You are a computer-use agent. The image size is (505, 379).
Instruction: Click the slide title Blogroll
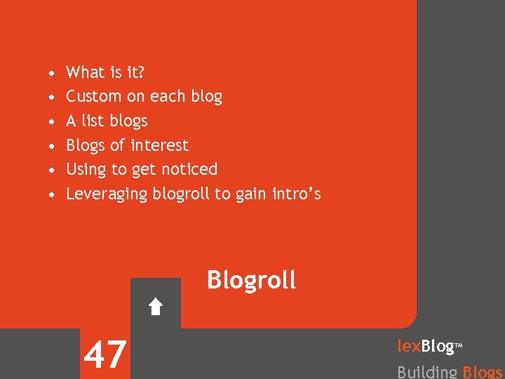[251, 280]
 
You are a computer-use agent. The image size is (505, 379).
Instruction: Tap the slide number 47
[105, 354]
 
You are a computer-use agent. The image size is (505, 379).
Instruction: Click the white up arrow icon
[156, 306]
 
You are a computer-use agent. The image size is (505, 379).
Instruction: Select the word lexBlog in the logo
[426, 346]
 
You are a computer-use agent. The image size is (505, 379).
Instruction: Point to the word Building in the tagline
[427, 372]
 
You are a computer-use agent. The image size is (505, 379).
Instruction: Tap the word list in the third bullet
[93, 121]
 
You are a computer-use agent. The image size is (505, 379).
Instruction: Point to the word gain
[252, 194]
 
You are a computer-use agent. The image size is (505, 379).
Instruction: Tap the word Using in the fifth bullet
[85, 169]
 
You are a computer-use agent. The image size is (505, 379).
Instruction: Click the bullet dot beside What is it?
[53, 73]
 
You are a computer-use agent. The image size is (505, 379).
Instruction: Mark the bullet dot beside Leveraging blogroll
[53, 194]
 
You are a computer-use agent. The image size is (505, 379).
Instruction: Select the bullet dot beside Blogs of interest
[53, 146]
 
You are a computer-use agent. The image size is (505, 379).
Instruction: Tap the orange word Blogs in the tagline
[483, 372]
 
